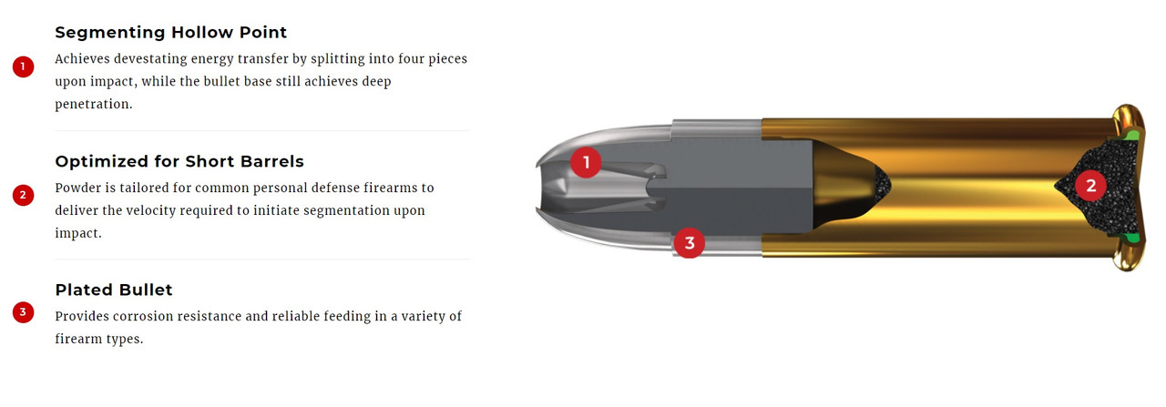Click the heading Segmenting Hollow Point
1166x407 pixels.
(x=170, y=32)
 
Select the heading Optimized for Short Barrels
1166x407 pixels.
(x=179, y=161)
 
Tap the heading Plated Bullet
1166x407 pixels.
(x=114, y=290)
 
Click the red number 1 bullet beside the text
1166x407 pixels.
(x=23, y=66)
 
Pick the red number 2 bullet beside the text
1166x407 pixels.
(x=23, y=195)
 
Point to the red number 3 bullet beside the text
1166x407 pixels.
(x=23, y=312)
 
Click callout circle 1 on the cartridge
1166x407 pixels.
(x=586, y=162)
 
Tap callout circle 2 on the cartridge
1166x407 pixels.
(x=1091, y=185)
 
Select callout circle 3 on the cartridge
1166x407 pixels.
(x=690, y=242)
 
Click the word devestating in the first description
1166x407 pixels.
(x=150, y=59)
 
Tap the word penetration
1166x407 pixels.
(x=94, y=105)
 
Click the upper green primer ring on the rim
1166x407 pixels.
(x=1130, y=137)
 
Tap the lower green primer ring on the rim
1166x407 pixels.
(x=1130, y=239)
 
